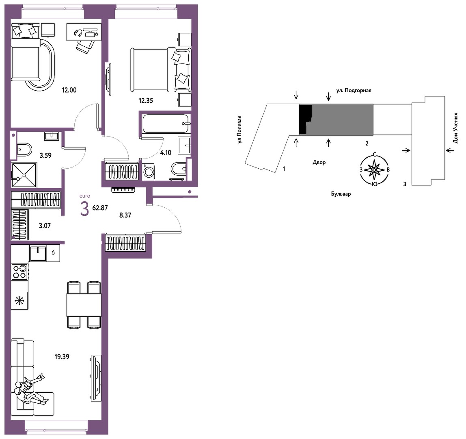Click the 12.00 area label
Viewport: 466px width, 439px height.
(69, 90)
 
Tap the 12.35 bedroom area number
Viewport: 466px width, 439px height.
(146, 100)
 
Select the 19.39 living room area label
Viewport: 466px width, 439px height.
(62, 356)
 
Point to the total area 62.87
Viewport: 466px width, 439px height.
(100, 208)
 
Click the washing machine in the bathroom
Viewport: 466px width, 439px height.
(149, 172)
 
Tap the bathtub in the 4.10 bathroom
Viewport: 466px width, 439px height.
(166, 124)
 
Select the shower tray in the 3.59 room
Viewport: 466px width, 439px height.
(24, 175)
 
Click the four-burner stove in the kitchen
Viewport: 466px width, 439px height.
(19, 272)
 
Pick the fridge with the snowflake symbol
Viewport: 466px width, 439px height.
(19, 301)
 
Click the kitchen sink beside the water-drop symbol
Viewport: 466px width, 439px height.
(38, 253)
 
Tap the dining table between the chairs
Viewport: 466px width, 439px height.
(84, 305)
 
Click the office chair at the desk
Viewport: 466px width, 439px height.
(86, 46)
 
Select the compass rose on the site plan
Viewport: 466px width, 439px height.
(374, 170)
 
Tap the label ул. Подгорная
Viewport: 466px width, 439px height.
(354, 91)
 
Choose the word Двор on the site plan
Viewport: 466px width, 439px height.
(319, 162)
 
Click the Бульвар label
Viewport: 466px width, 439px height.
(341, 194)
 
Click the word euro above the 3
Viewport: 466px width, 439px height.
(85, 196)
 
